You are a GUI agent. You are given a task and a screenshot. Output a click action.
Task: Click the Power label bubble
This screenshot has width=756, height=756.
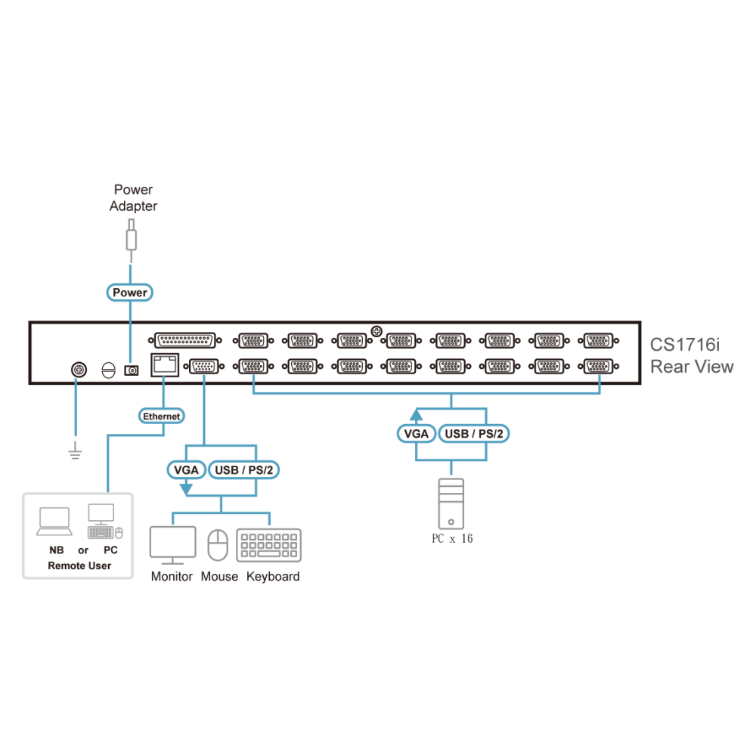pyautogui.click(x=130, y=293)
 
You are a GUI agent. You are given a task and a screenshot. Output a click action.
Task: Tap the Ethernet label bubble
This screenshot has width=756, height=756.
pyautogui.click(x=162, y=416)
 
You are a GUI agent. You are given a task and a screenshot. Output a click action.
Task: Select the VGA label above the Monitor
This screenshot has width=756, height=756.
pyautogui.click(x=186, y=469)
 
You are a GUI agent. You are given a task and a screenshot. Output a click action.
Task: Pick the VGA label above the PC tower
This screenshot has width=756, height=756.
pyautogui.click(x=416, y=433)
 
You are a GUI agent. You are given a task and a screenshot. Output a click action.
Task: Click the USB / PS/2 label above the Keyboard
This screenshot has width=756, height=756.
pyautogui.click(x=244, y=469)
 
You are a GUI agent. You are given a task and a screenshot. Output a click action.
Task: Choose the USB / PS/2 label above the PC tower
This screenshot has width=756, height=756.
pyautogui.click(x=474, y=433)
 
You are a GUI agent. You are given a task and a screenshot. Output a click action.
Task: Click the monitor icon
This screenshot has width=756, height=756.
pyautogui.click(x=172, y=545)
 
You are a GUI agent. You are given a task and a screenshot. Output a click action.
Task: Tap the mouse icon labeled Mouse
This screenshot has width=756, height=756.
pyautogui.click(x=218, y=545)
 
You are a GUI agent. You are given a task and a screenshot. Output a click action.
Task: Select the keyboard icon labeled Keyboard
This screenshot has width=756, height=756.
pyautogui.click(x=268, y=545)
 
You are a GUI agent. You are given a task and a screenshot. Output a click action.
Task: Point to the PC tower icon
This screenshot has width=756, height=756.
pyautogui.click(x=451, y=503)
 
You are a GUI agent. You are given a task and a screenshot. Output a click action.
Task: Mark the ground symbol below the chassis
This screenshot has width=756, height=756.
pyautogui.click(x=75, y=451)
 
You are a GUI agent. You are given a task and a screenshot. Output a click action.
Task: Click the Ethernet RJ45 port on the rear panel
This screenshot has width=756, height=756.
pyautogui.click(x=165, y=364)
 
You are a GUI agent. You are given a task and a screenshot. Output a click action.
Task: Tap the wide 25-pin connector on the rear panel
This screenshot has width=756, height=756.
pyautogui.click(x=184, y=340)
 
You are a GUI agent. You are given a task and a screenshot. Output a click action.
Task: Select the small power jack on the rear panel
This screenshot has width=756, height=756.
pyautogui.click(x=132, y=370)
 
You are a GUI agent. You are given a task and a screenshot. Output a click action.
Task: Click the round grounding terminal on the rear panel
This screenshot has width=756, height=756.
pyautogui.click(x=79, y=370)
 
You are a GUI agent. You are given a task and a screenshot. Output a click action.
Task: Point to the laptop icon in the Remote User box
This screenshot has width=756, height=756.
pyautogui.click(x=54, y=522)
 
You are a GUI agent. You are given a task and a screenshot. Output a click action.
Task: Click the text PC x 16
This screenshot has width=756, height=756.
pyautogui.click(x=452, y=538)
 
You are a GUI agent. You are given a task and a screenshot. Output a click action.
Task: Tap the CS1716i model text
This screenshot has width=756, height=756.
pyautogui.click(x=685, y=345)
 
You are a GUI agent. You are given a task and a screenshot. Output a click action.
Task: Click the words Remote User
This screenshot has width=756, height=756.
pyautogui.click(x=79, y=565)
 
